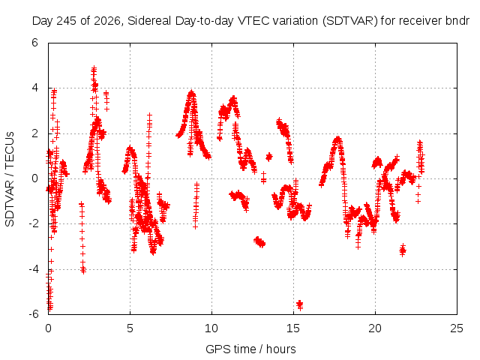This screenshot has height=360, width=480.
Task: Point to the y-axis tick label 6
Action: tap(34, 43)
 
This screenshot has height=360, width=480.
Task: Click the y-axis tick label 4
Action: tap(34, 88)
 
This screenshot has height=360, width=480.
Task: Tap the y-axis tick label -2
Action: tap(33, 223)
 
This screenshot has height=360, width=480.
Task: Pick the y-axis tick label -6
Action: tap(33, 314)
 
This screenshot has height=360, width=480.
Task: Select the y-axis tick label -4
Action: tap(33, 269)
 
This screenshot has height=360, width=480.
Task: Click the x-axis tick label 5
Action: tap(130, 328)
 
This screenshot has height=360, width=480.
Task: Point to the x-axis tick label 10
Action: tap(211, 328)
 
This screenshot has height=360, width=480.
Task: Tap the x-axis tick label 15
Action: tap(293, 328)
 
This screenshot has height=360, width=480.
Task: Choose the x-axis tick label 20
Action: tap(375, 328)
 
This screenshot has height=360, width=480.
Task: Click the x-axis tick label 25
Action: tap(457, 328)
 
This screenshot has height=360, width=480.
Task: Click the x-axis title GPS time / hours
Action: tap(250, 349)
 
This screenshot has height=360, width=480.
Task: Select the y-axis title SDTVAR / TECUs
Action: tap(10, 179)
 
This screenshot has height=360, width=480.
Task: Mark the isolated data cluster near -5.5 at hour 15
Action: tap(300, 304)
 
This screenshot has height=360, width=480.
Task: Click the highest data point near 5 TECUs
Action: tap(94, 68)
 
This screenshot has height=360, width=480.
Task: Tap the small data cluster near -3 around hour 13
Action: tap(259, 241)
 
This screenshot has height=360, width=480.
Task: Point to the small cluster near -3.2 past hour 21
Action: tap(403, 250)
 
